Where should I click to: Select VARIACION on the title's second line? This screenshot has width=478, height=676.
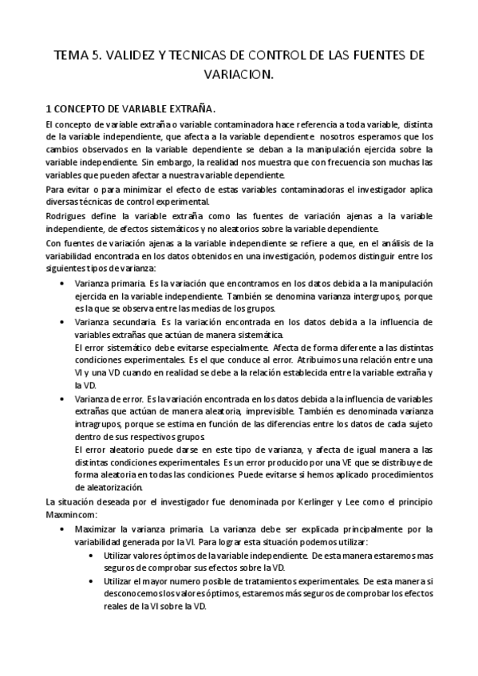[x=239, y=76]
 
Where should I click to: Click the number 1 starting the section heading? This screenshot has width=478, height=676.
[x=49, y=108]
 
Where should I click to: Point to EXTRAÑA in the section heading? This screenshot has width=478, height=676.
[x=189, y=108]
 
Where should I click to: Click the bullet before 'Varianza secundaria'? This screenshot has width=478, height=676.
[x=63, y=321]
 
